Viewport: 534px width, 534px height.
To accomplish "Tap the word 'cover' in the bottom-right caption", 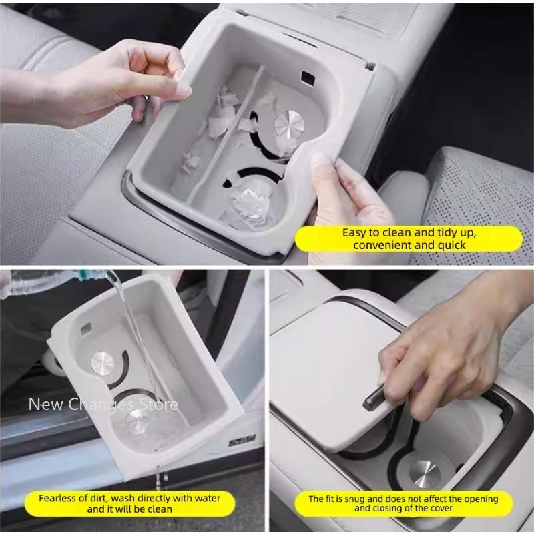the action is click(x=442, y=509).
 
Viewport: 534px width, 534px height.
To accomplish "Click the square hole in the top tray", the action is click(x=308, y=79).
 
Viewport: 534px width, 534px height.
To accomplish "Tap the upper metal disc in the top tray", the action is click(x=289, y=125).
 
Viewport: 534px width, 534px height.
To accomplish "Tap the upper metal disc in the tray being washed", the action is click(x=103, y=364).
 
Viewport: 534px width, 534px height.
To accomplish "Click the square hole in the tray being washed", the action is click(x=87, y=328).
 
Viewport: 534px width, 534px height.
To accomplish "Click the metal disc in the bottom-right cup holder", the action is click(x=425, y=475).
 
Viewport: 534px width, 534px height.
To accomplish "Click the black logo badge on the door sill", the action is click(x=242, y=442).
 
